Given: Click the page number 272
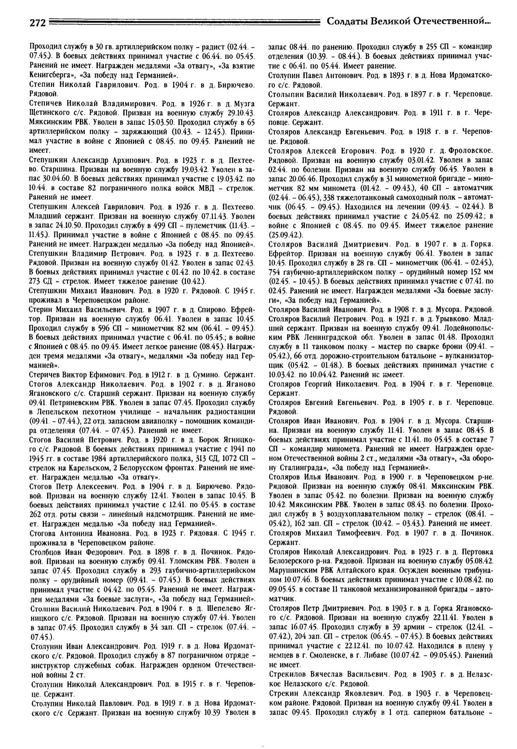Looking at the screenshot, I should click(x=38, y=24).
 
